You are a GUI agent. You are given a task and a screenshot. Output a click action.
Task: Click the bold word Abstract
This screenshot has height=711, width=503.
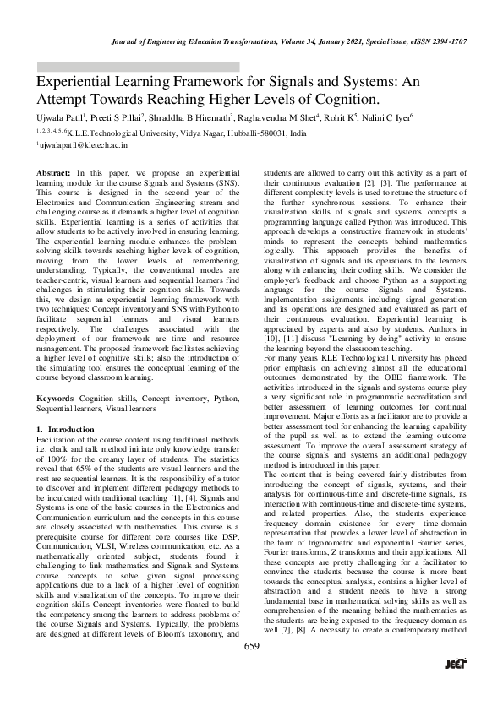tap(53, 172)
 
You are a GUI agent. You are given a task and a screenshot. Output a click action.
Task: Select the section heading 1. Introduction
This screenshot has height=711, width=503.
tap(66, 430)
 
